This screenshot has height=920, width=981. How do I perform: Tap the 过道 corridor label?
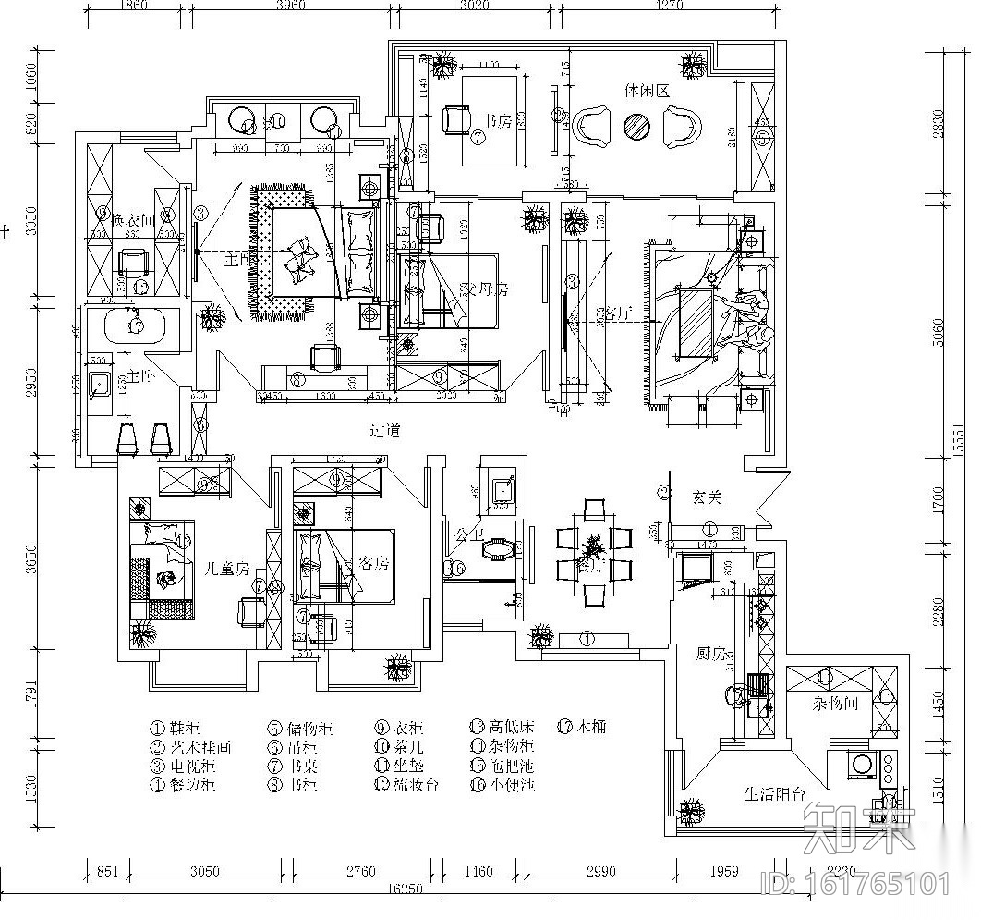pyautogui.click(x=384, y=431)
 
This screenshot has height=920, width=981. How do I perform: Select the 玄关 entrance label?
pyautogui.click(x=707, y=497)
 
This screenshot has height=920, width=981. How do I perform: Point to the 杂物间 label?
pyautogui.click(x=837, y=704)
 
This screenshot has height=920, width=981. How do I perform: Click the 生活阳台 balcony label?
pyautogui.click(x=775, y=793)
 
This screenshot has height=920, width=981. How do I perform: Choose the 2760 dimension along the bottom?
pyautogui.click(x=360, y=871)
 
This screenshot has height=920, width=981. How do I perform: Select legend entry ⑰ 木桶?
pyautogui.click(x=582, y=728)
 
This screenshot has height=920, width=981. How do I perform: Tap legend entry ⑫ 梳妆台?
pyautogui.click(x=406, y=784)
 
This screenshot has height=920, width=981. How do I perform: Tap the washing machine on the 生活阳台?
pyautogui.click(x=864, y=764)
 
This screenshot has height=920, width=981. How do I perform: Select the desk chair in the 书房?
pyautogui.click(x=454, y=118)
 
